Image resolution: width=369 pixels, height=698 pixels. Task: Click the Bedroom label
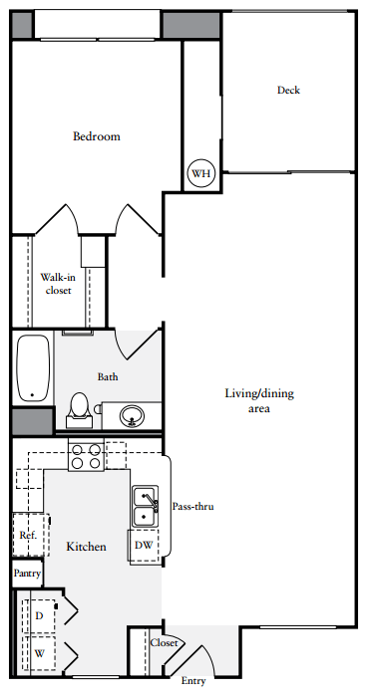pyautogui.click(x=96, y=136)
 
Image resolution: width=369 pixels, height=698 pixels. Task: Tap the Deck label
pyautogui.click(x=288, y=91)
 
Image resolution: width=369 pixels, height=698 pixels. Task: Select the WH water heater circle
pyautogui.click(x=201, y=174)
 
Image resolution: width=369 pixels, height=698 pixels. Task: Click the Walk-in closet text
pyautogui.click(x=58, y=284)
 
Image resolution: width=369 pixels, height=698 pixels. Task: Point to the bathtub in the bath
pyautogui.click(x=33, y=367)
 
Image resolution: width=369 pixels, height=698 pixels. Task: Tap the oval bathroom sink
pyautogui.click(x=133, y=414)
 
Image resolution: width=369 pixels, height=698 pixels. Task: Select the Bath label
pyautogui.click(x=109, y=377)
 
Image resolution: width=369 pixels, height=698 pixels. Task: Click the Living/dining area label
pyautogui.click(x=258, y=400)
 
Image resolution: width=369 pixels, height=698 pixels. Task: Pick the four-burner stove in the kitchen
pyautogui.click(x=85, y=456)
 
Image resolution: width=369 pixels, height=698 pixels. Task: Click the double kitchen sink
pyautogui.click(x=144, y=506)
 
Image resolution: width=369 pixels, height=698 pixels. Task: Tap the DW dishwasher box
pyautogui.click(x=144, y=545)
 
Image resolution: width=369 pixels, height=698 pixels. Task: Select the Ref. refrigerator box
pyautogui.click(x=27, y=535)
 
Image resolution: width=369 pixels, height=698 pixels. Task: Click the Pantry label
pyautogui.click(x=27, y=574)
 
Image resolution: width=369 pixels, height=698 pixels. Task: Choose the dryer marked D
pyautogui.click(x=40, y=615)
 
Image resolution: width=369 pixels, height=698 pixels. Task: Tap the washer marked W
pyautogui.click(x=40, y=654)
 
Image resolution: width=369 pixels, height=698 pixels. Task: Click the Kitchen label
pyautogui.click(x=86, y=547)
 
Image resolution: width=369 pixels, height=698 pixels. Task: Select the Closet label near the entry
pyautogui.click(x=164, y=643)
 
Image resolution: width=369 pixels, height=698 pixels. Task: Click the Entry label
pyautogui.click(x=193, y=682)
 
